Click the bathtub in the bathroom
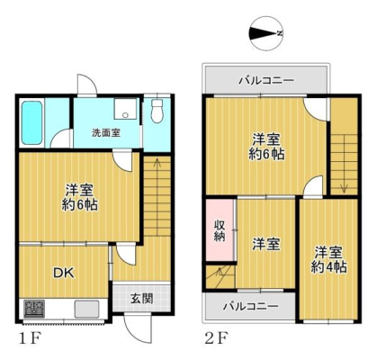pyautogui.click(x=32, y=122)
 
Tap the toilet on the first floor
pyautogui.click(x=157, y=111)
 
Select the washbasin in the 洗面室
pyautogui.click(x=125, y=109)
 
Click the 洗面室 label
pyautogui.click(x=106, y=133)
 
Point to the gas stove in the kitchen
pyautogui.click(x=34, y=309)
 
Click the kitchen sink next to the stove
pyautogui.click(x=86, y=309)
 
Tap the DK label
pyautogui.click(x=63, y=273)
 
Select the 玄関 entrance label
pyautogui.click(x=141, y=299)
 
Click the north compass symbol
pyautogui.click(x=265, y=33)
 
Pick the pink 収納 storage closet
pyautogui.click(x=220, y=230)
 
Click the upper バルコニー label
pyautogui.click(x=266, y=80)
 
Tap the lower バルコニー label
pyautogui.click(x=251, y=306)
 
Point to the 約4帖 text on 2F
pyautogui.click(x=328, y=267)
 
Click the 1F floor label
pyautogui.click(x=30, y=338)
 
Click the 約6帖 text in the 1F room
pyautogui.click(x=80, y=205)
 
